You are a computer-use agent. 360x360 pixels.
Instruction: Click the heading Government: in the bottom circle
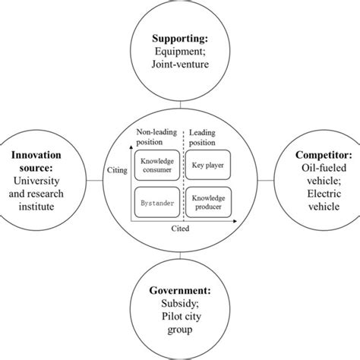click(x=180, y=289)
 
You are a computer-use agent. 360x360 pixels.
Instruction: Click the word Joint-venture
click(x=180, y=65)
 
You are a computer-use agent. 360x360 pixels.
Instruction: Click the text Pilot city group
click(x=180, y=325)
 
